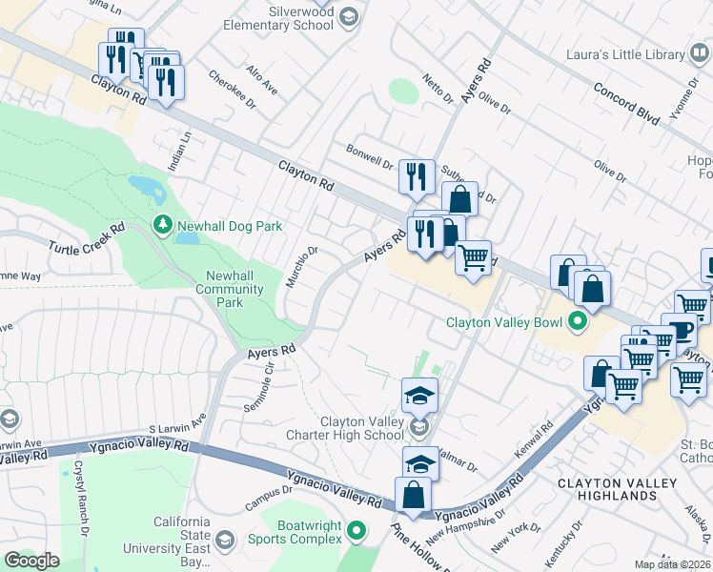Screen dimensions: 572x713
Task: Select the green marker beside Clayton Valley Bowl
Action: click(x=576, y=322)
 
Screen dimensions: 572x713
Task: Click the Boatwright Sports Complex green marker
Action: click(x=356, y=530)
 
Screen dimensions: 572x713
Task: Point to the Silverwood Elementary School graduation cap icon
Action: click(x=348, y=15)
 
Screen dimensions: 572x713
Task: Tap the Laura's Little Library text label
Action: click(x=624, y=55)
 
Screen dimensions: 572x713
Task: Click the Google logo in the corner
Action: click(x=31, y=561)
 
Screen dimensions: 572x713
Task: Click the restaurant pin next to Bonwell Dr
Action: click(x=417, y=177)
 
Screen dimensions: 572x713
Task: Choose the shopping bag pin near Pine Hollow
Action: click(x=413, y=497)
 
